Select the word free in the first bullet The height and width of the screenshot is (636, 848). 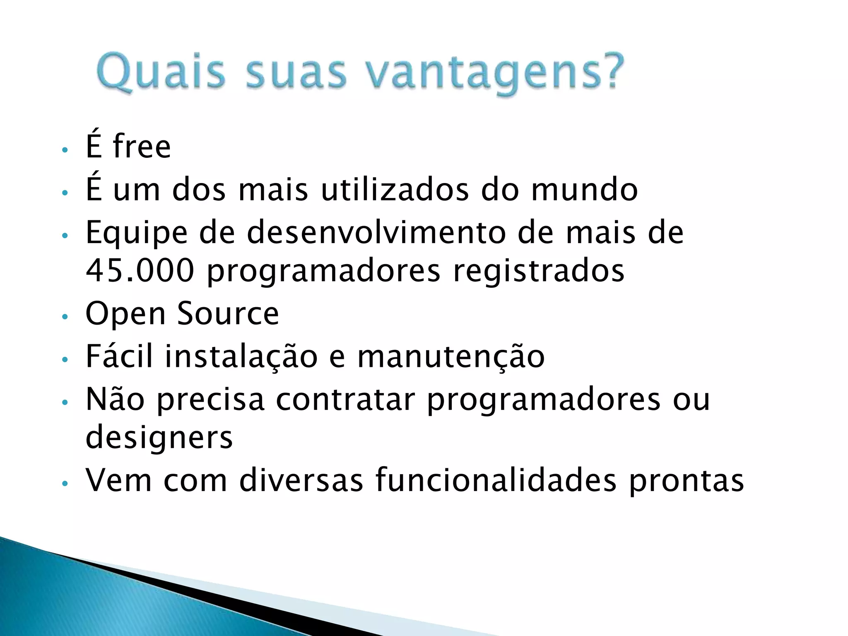click(142, 147)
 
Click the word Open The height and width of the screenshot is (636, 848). click(125, 314)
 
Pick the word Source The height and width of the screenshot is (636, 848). click(228, 313)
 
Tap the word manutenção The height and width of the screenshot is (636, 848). click(451, 357)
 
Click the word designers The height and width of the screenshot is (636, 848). click(159, 438)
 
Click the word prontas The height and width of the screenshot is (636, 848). click(686, 481)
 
